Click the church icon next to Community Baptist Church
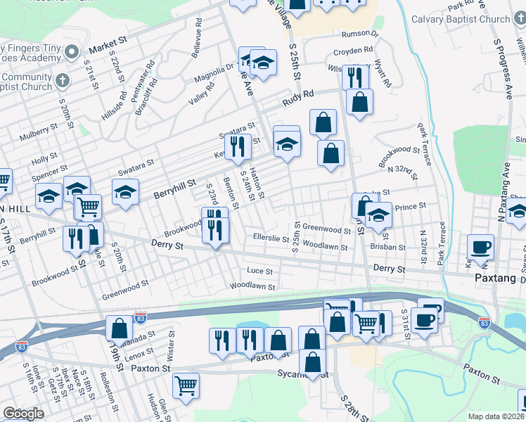click(x=64, y=78)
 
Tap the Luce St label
click(x=260, y=271)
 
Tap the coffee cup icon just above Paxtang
click(x=481, y=247)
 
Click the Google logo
click(x=23, y=414)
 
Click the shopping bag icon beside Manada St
click(x=119, y=328)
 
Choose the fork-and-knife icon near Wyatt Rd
click(x=356, y=77)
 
